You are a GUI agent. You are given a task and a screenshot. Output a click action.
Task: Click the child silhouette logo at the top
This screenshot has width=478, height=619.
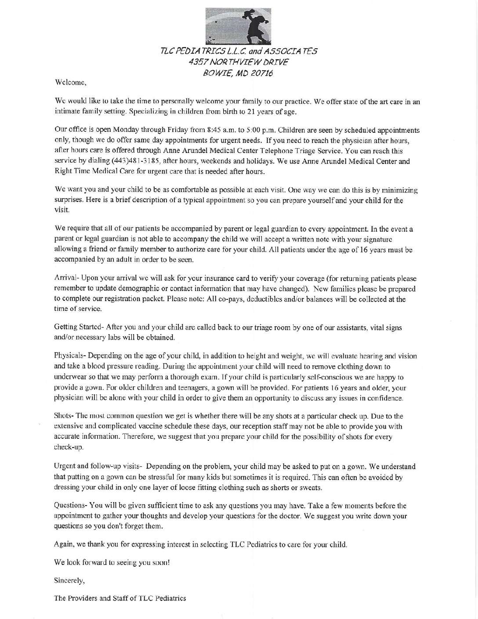(x=238, y=22)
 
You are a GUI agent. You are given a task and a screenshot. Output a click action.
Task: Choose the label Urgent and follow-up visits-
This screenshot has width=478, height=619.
(x=98, y=466)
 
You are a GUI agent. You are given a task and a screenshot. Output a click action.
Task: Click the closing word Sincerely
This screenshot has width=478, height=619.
(x=69, y=580)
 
